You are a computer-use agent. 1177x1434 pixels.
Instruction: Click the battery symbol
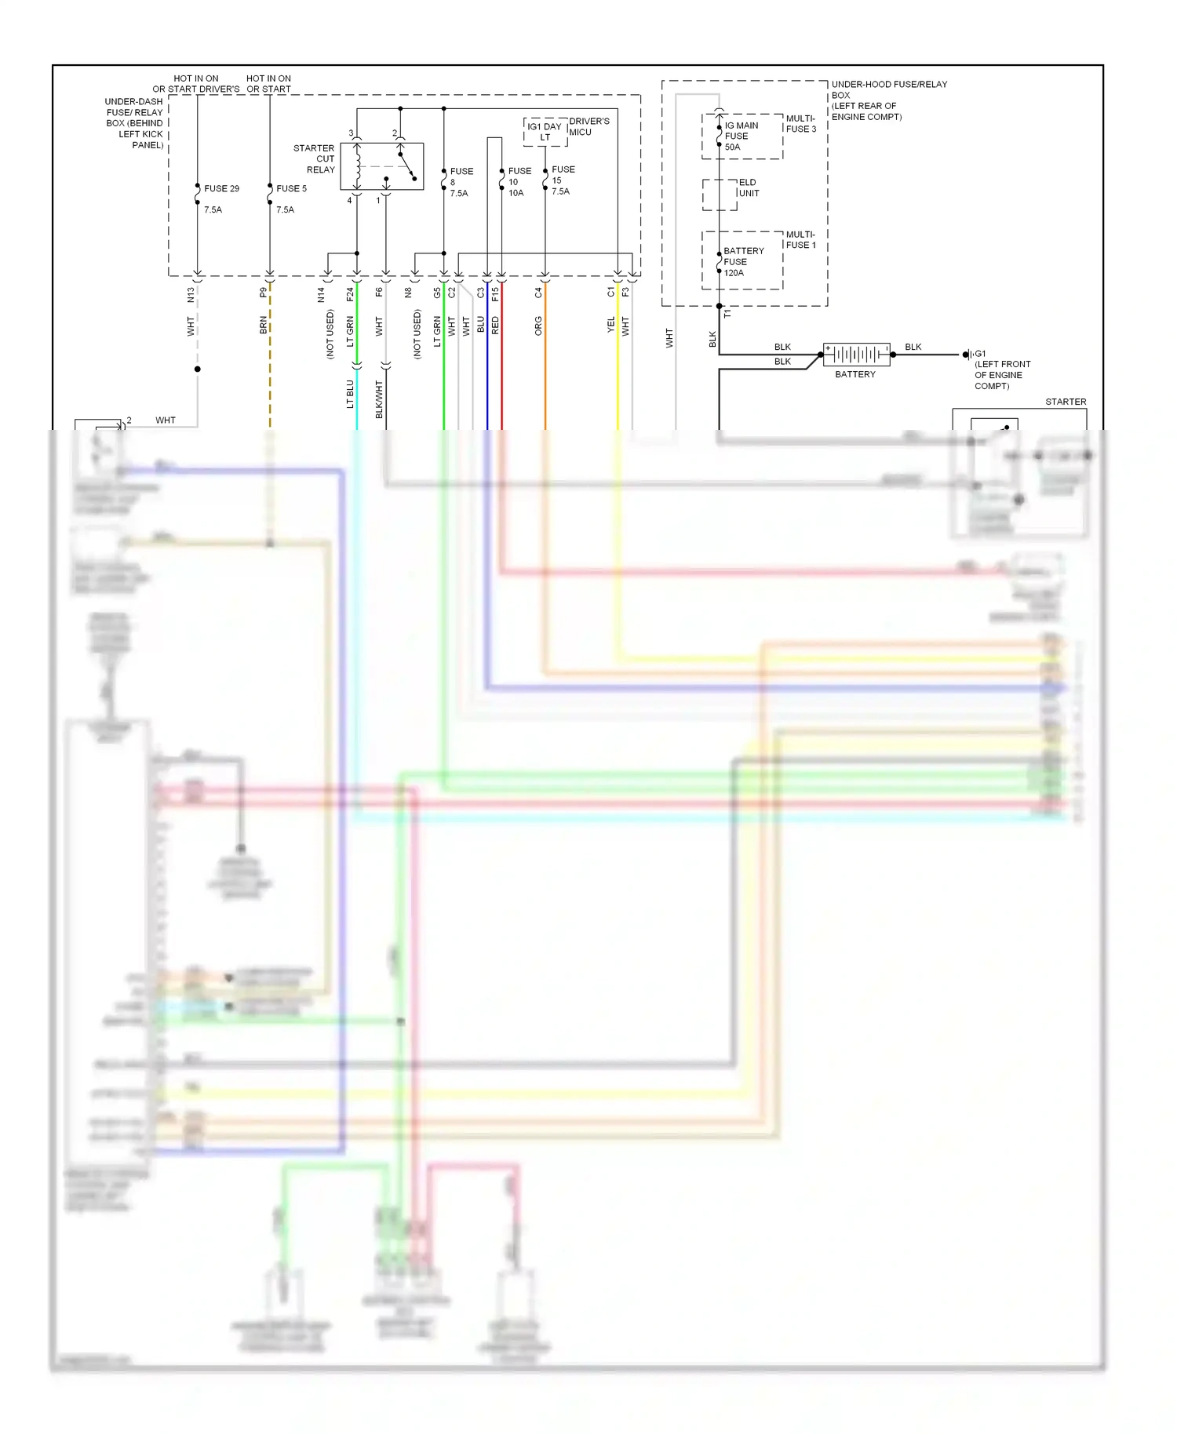click(856, 355)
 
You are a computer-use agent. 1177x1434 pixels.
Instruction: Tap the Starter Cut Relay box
click(382, 166)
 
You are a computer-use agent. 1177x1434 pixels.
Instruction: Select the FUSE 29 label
click(221, 189)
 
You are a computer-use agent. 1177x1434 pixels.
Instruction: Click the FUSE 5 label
click(291, 189)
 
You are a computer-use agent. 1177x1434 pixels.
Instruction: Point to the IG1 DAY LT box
click(545, 132)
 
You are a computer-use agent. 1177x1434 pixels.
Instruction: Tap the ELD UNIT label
click(748, 188)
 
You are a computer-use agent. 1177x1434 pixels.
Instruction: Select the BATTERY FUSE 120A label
click(742, 262)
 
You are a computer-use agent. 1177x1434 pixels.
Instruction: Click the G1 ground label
click(980, 354)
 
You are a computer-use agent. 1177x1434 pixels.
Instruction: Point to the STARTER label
click(1065, 402)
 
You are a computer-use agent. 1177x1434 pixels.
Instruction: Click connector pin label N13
click(191, 295)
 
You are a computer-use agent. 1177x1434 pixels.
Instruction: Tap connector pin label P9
click(264, 293)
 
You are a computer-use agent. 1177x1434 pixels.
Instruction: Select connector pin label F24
click(350, 295)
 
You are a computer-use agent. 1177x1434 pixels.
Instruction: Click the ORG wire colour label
click(538, 325)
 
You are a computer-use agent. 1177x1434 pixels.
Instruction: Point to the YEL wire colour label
click(611, 325)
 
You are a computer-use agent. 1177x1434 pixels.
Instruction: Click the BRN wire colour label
click(264, 326)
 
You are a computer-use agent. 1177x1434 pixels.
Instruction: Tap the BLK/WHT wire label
click(379, 399)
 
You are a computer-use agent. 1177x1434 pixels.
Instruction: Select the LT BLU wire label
click(350, 394)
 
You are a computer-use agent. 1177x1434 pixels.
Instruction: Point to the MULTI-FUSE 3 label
click(801, 124)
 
